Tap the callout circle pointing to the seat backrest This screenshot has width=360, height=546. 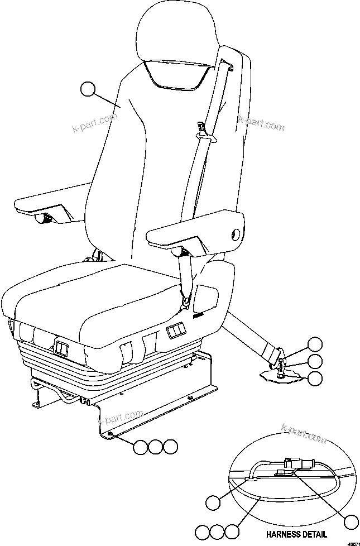(88, 89)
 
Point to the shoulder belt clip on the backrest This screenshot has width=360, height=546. (205, 131)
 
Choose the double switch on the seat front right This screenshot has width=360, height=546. (175, 333)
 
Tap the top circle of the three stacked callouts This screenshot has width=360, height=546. (315, 344)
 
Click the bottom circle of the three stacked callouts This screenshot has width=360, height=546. (315, 378)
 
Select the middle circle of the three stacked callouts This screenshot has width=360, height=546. (315, 361)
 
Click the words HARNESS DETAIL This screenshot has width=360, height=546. (297, 534)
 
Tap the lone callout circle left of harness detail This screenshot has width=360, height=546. (213, 502)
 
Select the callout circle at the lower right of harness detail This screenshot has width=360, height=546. (351, 522)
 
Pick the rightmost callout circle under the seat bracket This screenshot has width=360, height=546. (171, 446)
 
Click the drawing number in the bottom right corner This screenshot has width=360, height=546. (352, 542)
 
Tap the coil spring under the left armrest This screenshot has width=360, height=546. (45, 219)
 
